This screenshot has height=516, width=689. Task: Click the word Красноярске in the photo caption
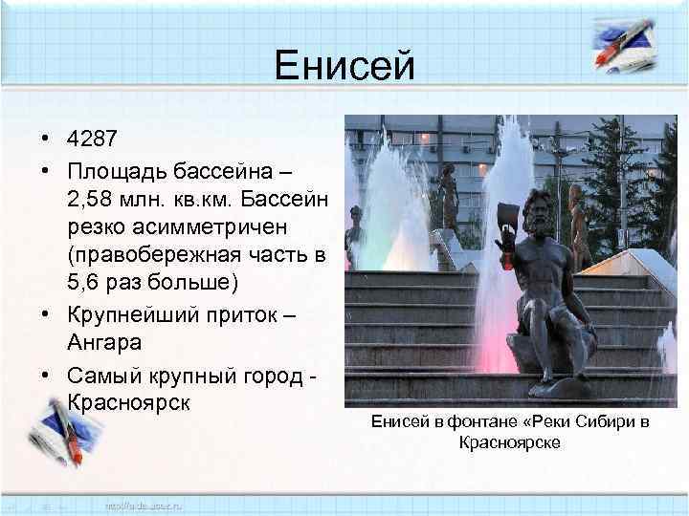pos(509,442)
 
